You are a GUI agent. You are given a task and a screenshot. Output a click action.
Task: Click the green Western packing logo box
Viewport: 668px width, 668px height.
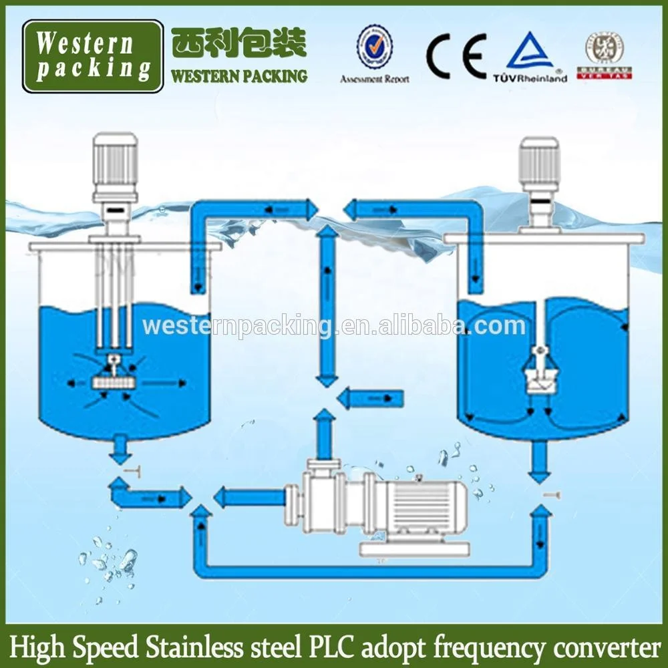click(x=93, y=56)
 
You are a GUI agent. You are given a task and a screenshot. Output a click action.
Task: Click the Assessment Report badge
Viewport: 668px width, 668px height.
click(x=374, y=53)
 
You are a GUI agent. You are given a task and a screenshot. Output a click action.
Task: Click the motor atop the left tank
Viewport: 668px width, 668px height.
click(x=116, y=163)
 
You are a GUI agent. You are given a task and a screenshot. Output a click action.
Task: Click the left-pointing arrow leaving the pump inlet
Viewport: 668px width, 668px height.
click(x=247, y=498)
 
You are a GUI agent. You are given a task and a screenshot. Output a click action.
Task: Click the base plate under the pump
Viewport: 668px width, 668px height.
click(x=415, y=549)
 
